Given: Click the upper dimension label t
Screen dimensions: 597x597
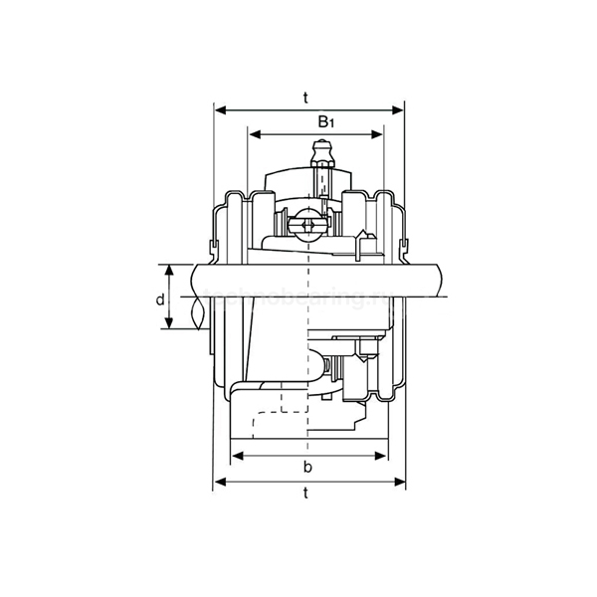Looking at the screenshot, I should coord(308,97).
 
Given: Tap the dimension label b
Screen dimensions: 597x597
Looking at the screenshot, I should coord(308,468).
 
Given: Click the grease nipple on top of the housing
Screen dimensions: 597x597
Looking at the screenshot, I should coord(321,155).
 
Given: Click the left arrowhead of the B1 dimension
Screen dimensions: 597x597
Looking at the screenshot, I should coord(254,132).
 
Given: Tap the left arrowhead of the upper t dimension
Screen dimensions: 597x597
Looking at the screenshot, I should coord(219,108).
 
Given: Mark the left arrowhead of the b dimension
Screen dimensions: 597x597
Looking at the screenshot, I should coord(236,456).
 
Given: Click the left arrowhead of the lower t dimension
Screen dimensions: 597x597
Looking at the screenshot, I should coord(219,483).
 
